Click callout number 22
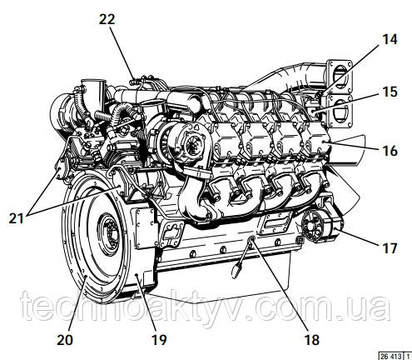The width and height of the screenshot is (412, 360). tap(107, 20)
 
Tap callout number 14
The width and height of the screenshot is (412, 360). tap(390, 39)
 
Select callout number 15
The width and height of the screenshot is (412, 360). tap(390, 92)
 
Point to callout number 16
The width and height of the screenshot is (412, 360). tap(390, 151)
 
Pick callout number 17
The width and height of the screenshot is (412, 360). tap(390, 248)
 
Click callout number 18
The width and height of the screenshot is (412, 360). tap(311, 339)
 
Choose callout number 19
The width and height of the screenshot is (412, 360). tap(159, 339)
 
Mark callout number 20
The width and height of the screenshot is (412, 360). tap(65, 339)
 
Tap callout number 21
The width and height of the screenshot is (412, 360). tap(17, 218)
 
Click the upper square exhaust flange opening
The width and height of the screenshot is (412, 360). tap(339, 74)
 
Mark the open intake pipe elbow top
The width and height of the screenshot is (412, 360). tap(94, 82)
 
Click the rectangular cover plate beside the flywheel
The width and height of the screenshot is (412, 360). tap(144, 228)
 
